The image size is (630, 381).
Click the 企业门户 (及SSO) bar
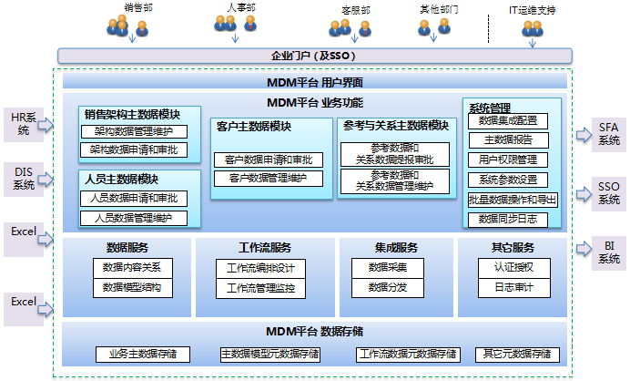tap(314, 56)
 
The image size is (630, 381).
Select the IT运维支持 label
tap(532, 10)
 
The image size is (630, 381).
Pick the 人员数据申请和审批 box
tap(133, 198)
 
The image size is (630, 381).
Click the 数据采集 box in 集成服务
tap(387, 268)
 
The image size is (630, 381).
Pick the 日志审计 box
tap(513, 288)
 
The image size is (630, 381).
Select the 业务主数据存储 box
tap(142, 354)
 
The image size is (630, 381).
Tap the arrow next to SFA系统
tap(583, 135)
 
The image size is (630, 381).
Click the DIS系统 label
tap(23, 178)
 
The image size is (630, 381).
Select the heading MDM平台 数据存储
tap(315, 330)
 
